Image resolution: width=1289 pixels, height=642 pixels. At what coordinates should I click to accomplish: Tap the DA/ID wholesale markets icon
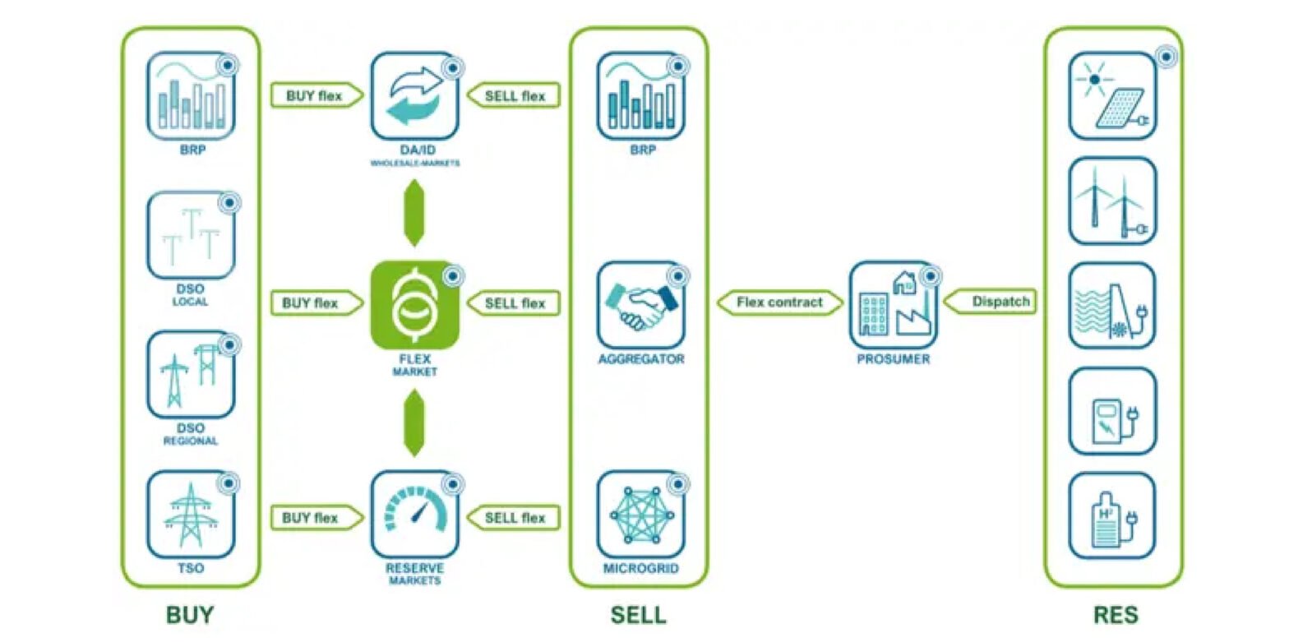tap(414, 96)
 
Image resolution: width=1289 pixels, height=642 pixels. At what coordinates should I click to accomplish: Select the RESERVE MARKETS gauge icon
tap(414, 514)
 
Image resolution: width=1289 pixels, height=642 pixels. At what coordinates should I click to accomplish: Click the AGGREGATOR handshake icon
tap(640, 305)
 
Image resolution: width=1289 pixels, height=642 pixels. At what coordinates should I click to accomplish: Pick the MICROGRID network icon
tap(640, 514)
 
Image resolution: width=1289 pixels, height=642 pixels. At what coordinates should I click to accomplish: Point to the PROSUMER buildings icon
tap(892, 305)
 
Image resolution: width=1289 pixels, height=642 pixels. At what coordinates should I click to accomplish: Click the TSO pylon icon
tap(191, 514)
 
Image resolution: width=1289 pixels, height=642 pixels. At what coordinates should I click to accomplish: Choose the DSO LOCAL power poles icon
tap(191, 236)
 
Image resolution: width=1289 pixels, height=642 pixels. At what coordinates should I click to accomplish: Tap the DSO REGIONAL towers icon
tap(191, 375)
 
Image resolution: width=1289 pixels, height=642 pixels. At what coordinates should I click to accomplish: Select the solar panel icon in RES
tap(1112, 96)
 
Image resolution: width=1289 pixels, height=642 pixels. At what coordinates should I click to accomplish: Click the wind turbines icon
tap(1112, 201)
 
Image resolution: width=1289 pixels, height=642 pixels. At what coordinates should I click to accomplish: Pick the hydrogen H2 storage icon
tap(1112, 515)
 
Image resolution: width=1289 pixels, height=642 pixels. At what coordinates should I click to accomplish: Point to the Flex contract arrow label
tap(779, 303)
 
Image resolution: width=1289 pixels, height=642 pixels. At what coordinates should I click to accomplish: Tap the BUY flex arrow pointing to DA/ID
tap(315, 95)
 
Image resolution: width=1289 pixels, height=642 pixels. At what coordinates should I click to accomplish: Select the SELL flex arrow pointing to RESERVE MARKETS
tap(514, 518)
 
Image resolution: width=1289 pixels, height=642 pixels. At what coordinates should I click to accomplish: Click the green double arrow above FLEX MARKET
tap(414, 213)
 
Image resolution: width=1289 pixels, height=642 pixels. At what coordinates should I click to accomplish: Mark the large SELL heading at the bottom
tap(638, 615)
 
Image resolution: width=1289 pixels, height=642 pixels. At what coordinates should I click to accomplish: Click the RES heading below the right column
tap(1115, 615)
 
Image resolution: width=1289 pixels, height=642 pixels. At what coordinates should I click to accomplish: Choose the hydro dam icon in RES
tap(1112, 305)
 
